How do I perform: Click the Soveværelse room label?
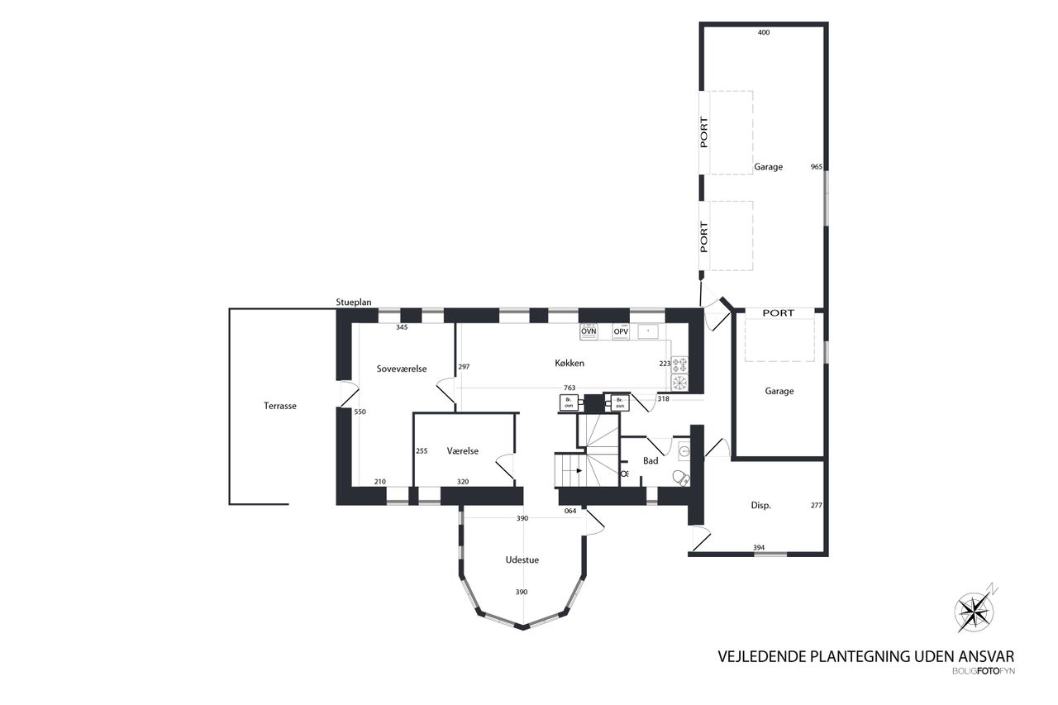[402, 369]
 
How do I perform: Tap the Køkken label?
[570, 363]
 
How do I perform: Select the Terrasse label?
[280, 406]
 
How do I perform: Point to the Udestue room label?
[522, 560]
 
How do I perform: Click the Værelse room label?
[463, 451]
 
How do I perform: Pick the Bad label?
[651, 461]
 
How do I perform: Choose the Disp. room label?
[761, 505]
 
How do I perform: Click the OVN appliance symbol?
[589, 331]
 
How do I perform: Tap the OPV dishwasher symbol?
[621, 331]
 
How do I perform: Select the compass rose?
[974, 612]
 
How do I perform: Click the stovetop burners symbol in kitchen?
[680, 364]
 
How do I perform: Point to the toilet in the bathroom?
[680, 478]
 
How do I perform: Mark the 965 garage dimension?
[816, 167]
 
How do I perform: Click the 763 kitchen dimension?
[570, 388]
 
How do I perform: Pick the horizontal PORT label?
[779, 312]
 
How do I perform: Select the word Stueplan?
[354, 302]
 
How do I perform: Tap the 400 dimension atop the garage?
[764, 32]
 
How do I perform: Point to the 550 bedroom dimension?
[360, 412]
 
